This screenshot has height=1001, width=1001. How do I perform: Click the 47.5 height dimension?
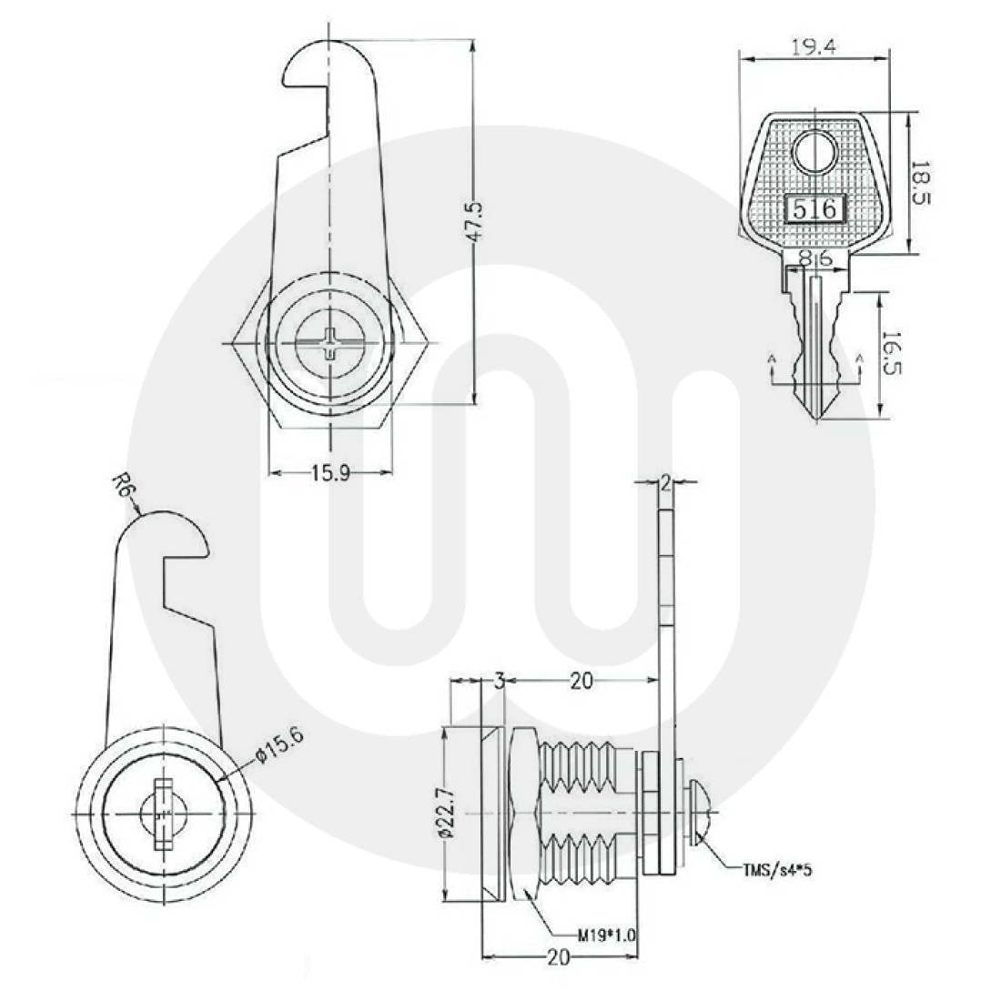[476, 221]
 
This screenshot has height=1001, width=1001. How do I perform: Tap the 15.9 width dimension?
[330, 474]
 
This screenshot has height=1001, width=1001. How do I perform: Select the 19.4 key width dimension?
[814, 48]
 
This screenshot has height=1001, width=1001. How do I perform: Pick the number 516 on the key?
[814, 208]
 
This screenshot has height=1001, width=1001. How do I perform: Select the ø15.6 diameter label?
[278, 744]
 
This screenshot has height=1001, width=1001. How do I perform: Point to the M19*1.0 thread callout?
[607, 936]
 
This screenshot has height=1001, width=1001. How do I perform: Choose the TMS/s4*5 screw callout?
[776, 870]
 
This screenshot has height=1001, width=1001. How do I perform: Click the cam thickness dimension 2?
[665, 483]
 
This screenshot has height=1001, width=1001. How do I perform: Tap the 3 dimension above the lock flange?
[500, 682]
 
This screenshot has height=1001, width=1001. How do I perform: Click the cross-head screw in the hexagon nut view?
[330, 344]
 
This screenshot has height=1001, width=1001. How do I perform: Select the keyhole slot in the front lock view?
[164, 814]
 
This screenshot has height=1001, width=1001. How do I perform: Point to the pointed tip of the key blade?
[815, 420]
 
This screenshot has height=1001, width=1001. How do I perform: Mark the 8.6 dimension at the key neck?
[815, 258]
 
